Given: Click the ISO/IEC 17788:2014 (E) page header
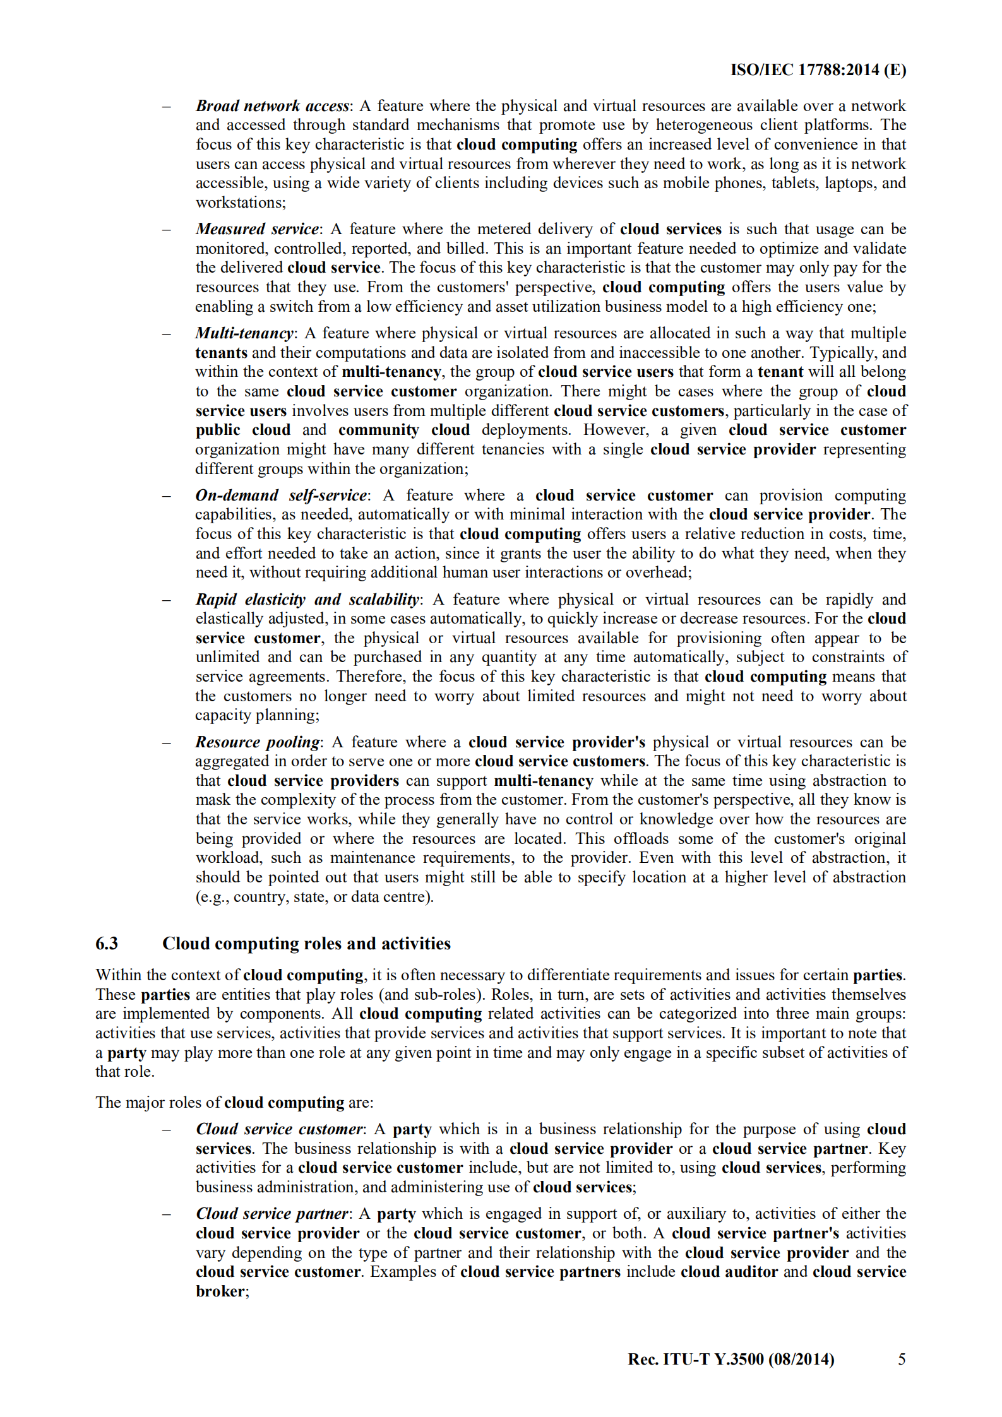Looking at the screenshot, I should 818,70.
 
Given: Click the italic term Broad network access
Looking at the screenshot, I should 272,106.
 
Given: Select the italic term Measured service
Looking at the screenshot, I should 258,229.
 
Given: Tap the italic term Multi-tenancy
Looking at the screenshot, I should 244,333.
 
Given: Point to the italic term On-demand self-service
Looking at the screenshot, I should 281,495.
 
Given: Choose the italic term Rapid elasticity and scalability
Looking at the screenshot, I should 307,600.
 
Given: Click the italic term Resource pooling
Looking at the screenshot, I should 258,742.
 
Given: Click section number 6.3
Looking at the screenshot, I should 107,944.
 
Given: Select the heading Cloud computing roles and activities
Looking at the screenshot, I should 306,944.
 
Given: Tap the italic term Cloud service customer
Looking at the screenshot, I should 279,1129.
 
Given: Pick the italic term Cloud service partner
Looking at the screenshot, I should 271,1214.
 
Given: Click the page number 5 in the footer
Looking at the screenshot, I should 902,1359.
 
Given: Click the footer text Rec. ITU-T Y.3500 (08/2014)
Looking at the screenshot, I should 731,1359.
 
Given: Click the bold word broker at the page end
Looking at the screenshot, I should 220,1291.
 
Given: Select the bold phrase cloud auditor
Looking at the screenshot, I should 729,1272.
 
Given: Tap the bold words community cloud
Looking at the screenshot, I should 404,430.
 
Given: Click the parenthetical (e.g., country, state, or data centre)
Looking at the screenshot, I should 314,897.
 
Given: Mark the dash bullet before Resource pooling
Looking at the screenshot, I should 167,743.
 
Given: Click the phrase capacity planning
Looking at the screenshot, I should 256,716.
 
